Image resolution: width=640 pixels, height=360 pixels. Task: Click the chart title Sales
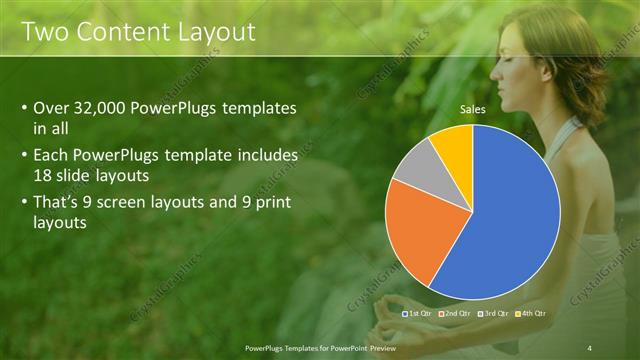pos(473,109)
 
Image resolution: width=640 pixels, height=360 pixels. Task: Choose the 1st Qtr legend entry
pos(418,313)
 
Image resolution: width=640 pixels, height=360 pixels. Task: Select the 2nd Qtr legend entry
pos(456,313)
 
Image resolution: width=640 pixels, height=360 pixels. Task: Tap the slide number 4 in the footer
pos(589,346)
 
